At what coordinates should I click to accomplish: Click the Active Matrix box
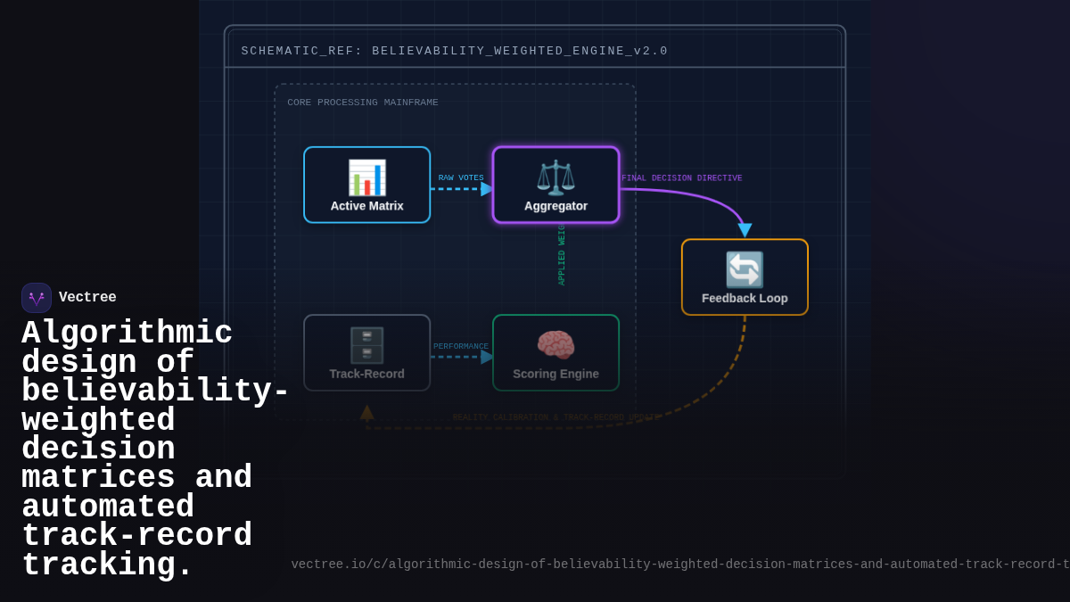[366, 185]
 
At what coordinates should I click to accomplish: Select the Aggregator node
[556, 185]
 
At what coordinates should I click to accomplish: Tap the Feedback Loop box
[745, 276]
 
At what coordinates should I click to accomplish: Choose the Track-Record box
[366, 352]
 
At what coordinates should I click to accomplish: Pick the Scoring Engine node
[556, 352]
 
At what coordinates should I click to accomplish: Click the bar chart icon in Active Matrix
[366, 177]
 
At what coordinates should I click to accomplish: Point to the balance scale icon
[556, 177]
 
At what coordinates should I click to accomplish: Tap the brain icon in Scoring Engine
[556, 344]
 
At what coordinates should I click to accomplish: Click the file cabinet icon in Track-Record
[366, 344]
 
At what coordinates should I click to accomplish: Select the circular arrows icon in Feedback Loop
[745, 269]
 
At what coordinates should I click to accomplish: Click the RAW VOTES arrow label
[461, 178]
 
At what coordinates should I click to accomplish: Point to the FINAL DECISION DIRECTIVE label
[682, 178]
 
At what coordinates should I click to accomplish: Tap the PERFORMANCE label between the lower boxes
[461, 347]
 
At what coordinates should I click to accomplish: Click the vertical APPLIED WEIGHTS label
[562, 254]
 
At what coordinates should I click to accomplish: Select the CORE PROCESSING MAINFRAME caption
[363, 103]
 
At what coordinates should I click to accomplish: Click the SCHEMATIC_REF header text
[455, 51]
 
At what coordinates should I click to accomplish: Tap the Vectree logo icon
[37, 298]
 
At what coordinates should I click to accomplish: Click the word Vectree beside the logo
[87, 298]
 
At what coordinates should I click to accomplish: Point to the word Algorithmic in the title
[127, 334]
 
